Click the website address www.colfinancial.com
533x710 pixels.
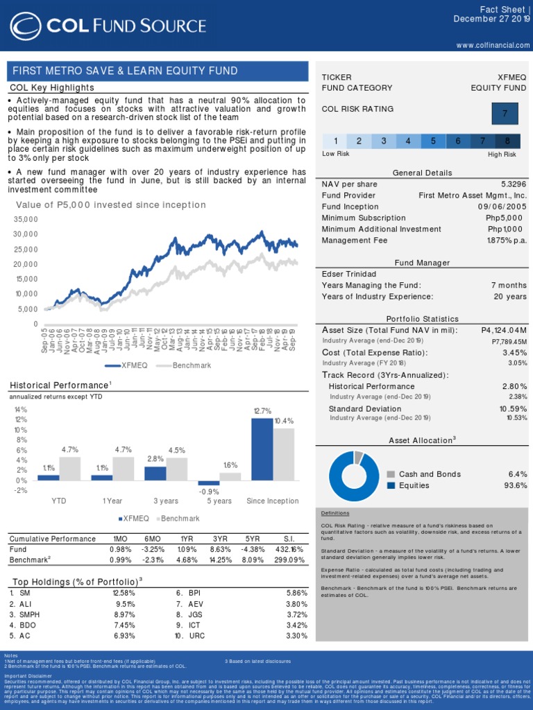click(493, 45)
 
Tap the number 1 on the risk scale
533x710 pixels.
click(335, 141)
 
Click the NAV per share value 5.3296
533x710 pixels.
click(513, 184)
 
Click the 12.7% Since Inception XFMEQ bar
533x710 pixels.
click(262, 449)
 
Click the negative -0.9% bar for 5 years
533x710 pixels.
click(208, 483)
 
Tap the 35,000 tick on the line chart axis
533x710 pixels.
click(25, 219)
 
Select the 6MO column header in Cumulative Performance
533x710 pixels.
click(154, 539)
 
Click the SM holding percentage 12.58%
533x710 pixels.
click(124, 593)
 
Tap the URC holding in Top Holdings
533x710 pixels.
click(197, 635)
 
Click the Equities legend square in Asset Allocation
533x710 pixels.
click(391, 485)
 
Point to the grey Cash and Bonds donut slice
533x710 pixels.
click(358, 457)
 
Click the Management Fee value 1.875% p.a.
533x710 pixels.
click(507, 240)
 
